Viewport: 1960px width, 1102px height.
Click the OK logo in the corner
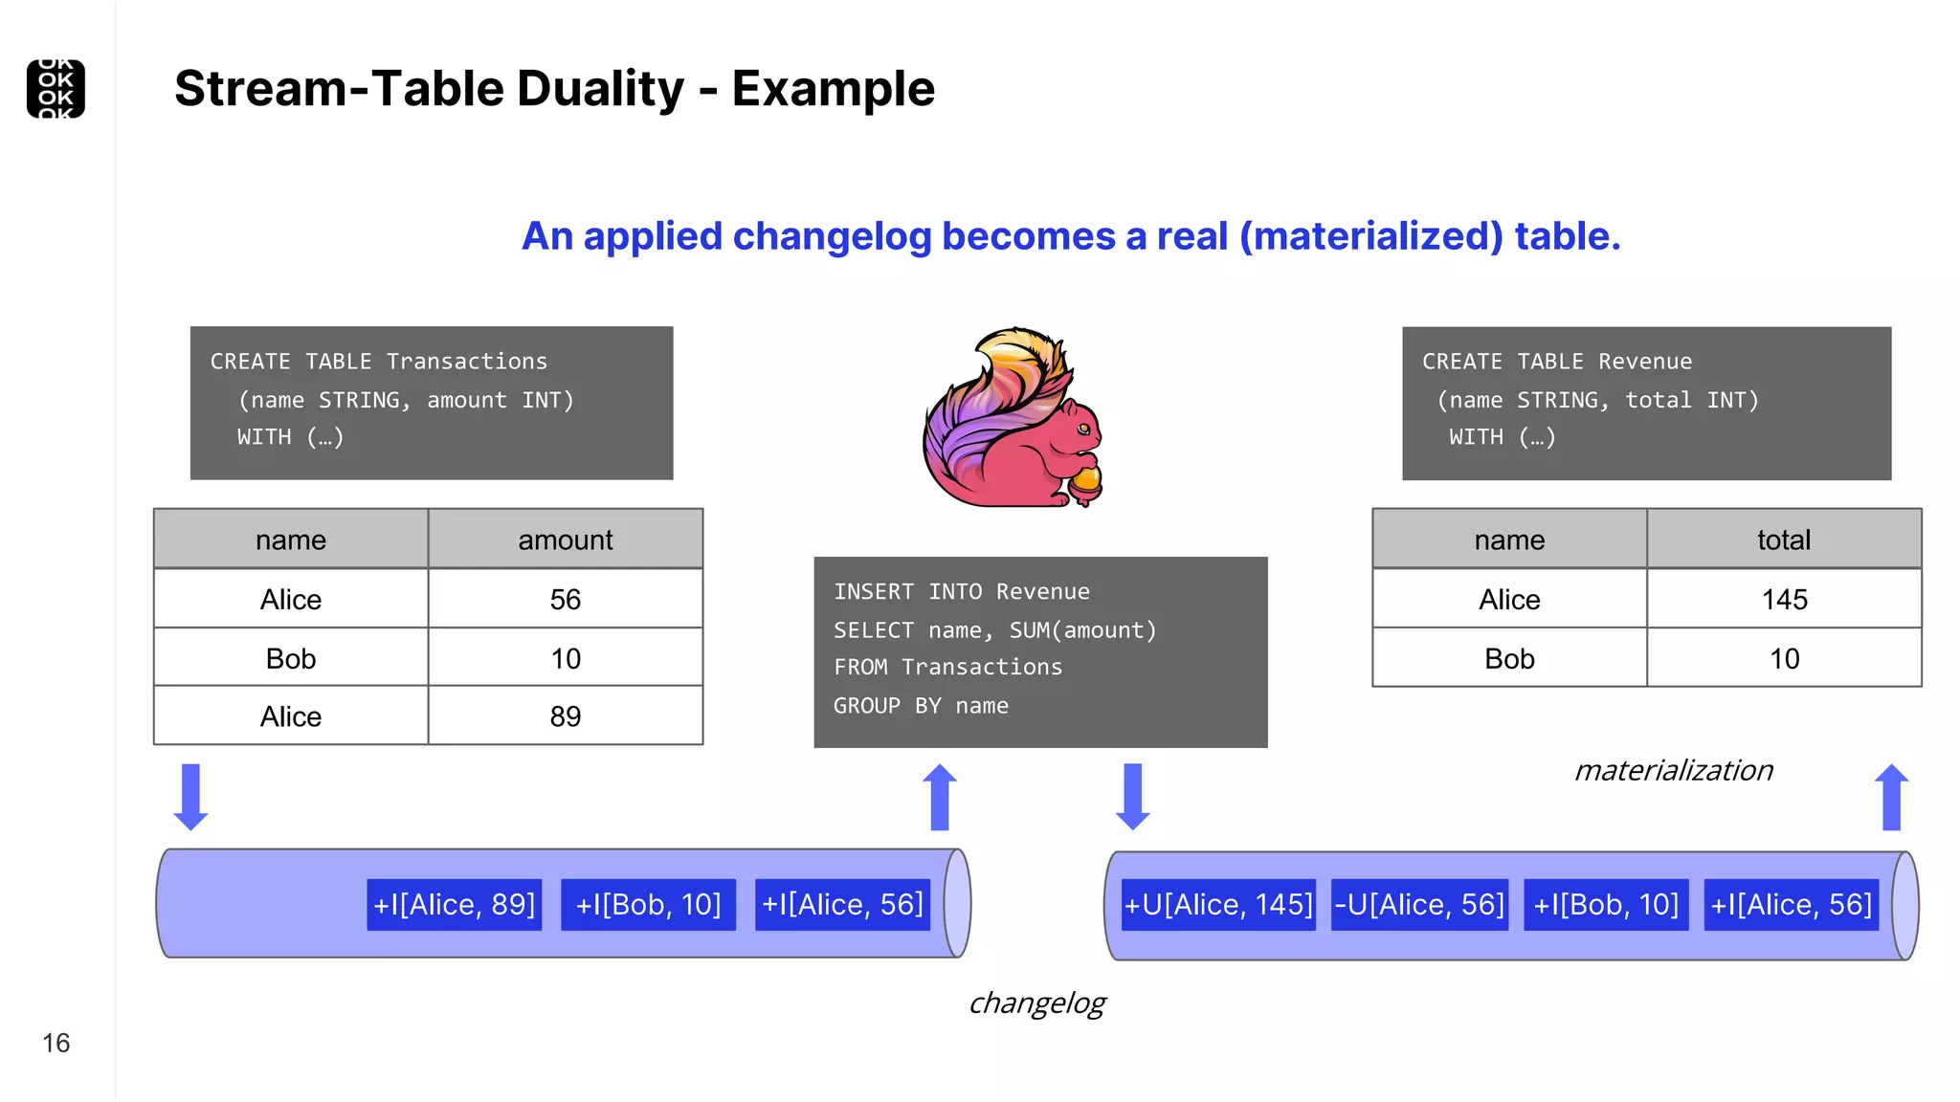56,89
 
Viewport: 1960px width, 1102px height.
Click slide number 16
56,1043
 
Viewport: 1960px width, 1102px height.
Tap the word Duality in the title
601,89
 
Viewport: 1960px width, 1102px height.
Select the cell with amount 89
565,716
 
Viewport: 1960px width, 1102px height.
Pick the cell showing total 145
1784,600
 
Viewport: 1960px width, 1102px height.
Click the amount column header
565,540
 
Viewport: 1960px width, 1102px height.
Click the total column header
1784,540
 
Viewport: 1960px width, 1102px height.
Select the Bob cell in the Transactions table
291,658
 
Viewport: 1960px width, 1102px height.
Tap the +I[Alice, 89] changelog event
455,905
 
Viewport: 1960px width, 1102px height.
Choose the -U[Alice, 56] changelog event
1419,905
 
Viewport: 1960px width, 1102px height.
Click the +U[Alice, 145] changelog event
1218,905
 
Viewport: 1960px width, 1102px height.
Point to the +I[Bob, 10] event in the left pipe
648,905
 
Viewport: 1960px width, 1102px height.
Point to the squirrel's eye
1082,429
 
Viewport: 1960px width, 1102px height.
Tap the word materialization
1673,771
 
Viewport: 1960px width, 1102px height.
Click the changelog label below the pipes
1036,1003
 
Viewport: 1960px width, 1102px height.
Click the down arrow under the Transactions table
190,797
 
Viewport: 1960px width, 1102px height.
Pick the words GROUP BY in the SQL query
866,706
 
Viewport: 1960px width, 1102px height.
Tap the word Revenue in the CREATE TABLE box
1644,362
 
